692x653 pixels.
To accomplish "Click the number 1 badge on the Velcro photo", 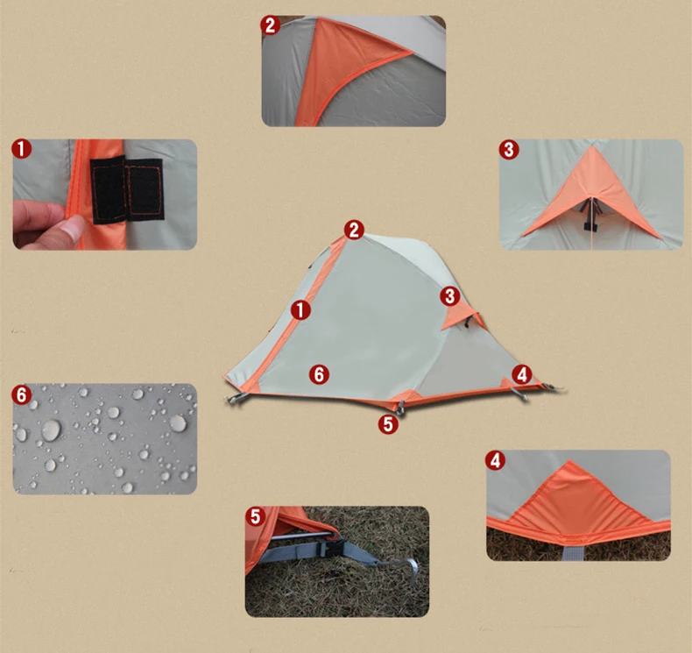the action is tap(22, 149).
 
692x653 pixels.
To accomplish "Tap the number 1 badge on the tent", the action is tap(300, 310).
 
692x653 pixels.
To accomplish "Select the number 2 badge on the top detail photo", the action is tap(270, 25).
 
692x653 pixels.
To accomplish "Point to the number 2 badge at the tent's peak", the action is tap(354, 230).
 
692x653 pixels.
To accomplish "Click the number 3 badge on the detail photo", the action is tap(509, 149).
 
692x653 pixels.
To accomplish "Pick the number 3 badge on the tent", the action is tap(449, 295).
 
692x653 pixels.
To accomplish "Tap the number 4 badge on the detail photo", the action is tap(495, 460).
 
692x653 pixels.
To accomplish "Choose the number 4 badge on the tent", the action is tap(522, 375).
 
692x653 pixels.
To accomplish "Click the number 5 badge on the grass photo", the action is tap(256, 516).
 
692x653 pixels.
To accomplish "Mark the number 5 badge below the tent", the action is tap(388, 424).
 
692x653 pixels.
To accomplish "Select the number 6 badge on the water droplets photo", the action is tap(22, 394).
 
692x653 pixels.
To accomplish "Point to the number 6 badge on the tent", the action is tap(319, 374).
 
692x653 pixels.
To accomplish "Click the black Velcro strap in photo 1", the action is tap(127, 189).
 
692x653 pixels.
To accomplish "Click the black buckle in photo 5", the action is tap(332, 549).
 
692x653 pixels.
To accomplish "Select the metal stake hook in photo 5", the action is tap(405, 566).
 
